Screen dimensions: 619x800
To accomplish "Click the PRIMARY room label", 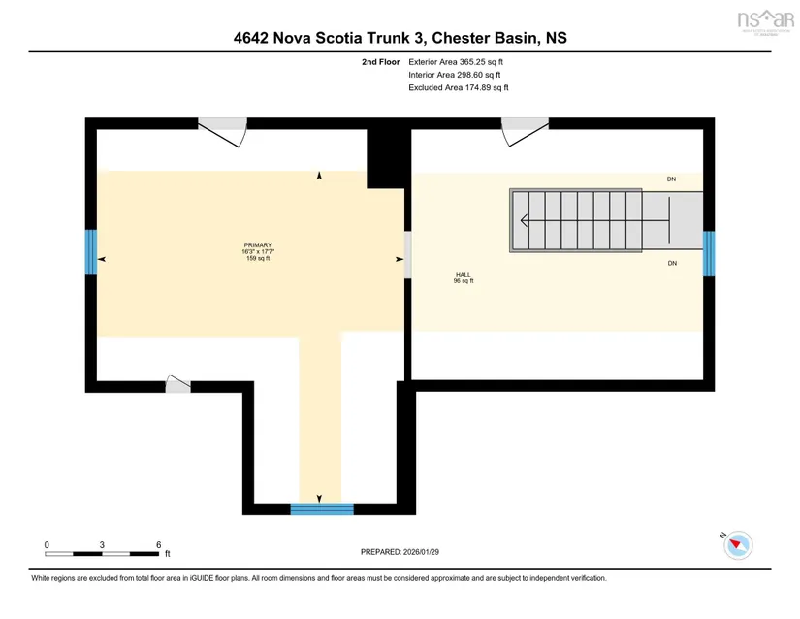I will [258, 245].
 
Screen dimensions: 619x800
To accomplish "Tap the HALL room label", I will [464, 275].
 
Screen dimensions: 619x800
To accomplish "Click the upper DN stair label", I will [671, 179].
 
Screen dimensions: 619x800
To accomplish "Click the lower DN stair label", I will [671, 263].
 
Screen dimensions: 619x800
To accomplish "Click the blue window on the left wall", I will [90, 251].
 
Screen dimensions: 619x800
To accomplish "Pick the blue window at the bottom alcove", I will [323, 508].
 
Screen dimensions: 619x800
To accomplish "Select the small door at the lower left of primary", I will [177, 385].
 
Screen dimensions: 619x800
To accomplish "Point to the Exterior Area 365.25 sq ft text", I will [456, 61].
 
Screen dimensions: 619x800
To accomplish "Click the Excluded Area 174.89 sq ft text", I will [459, 87].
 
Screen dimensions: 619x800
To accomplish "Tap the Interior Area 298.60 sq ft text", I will [455, 75].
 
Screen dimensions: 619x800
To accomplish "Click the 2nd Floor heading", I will [381, 61].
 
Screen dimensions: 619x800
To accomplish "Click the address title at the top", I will [400, 38].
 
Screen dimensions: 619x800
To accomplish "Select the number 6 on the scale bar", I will [157, 544].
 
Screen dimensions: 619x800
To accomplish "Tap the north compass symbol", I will [739, 544].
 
